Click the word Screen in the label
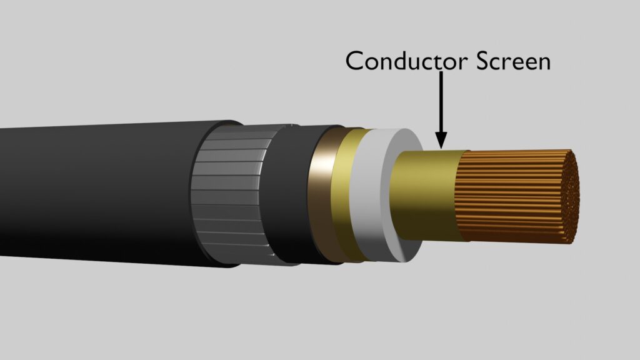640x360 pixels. click(x=514, y=61)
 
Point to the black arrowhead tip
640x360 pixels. click(x=441, y=147)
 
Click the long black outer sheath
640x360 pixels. click(x=94, y=194)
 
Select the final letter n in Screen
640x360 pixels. click(x=543, y=62)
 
